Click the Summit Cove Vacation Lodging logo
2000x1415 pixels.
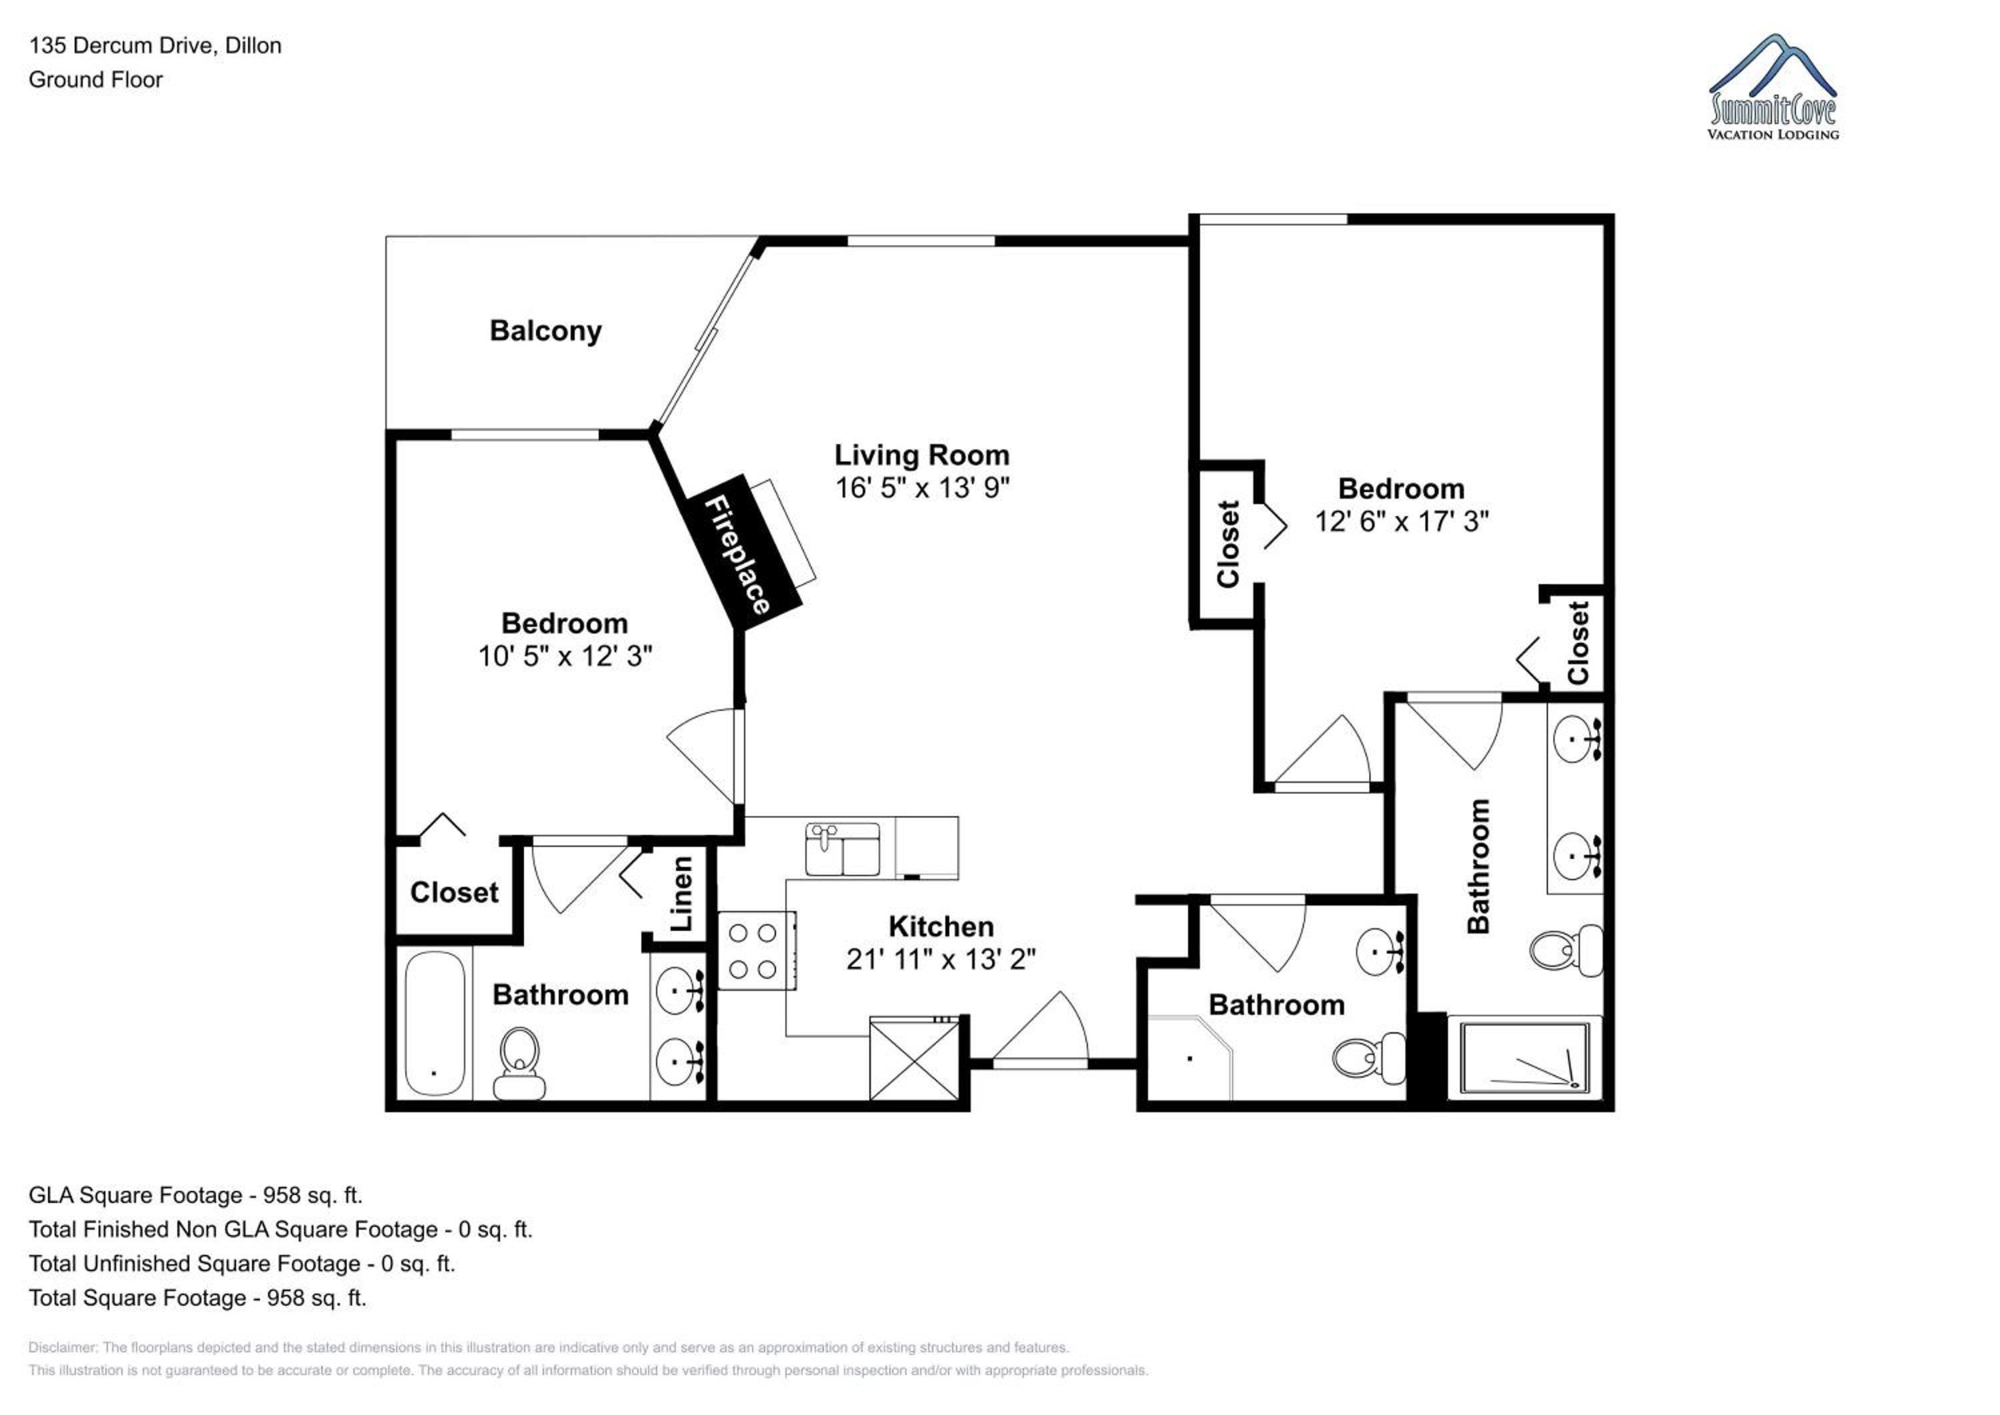pyautogui.click(x=1773, y=87)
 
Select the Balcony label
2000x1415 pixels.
pyautogui.click(x=545, y=331)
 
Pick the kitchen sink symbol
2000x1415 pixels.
pyautogui.click(x=843, y=849)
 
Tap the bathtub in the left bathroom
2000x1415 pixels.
pyautogui.click(x=435, y=1024)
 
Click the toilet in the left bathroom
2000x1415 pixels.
pyautogui.click(x=519, y=1063)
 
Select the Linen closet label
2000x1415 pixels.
pyautogui.click(x=681, y=893)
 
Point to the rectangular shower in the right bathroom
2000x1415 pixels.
pyautogui.click(x=1525, y=1058)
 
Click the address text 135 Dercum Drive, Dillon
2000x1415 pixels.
pyautogui.click(x=155, y=45)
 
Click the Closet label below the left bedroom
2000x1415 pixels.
pyautogui.click(x=454, y=892)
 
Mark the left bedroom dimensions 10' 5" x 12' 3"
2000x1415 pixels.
pyautogui.click(x=565, y=656)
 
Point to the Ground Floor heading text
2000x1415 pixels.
pyautogui.click(x=96, y=79)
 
